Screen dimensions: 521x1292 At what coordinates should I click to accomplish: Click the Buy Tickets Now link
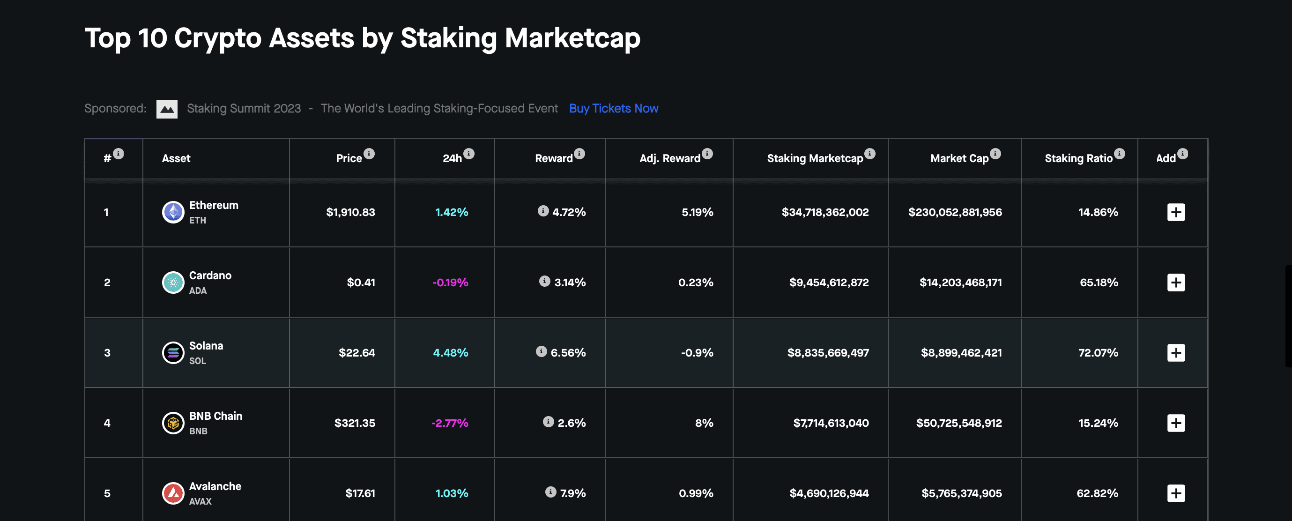coord(613,108)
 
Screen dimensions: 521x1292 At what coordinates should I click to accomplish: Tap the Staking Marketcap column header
coord(815,158)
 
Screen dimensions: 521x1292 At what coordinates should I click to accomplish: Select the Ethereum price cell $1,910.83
coord(350,212)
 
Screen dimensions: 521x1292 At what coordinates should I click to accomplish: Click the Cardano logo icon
coord(173,283)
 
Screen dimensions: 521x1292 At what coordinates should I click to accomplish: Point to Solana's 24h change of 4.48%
coord(450,352)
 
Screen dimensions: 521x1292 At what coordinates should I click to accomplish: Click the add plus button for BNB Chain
coord(1176,423)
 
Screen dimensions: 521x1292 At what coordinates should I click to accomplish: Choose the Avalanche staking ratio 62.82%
coord(1097,493)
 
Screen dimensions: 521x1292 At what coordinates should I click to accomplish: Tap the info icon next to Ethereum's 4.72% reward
coord(542,211)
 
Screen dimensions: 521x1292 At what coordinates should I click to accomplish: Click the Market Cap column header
coord(959,158)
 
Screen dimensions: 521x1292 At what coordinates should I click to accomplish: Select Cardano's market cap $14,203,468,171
coord(960,283)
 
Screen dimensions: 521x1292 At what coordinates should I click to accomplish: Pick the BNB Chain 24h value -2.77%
coord(449,423)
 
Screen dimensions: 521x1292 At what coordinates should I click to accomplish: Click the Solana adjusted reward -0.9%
coord(697,352)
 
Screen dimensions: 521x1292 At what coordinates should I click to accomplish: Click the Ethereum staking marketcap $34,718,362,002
coord(824,212)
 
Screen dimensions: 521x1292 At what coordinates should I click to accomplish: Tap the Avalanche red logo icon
coord(173,493)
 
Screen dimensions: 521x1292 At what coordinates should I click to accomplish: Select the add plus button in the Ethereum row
coord(1176,212)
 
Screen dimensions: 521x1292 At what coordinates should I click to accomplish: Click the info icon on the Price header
coord(369,153)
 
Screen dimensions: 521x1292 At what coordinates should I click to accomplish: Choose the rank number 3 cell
coord(107,352)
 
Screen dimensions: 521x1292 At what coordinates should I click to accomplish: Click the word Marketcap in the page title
coord(572,38)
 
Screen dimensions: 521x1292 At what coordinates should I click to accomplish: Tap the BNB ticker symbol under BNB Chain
coord(198,431)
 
